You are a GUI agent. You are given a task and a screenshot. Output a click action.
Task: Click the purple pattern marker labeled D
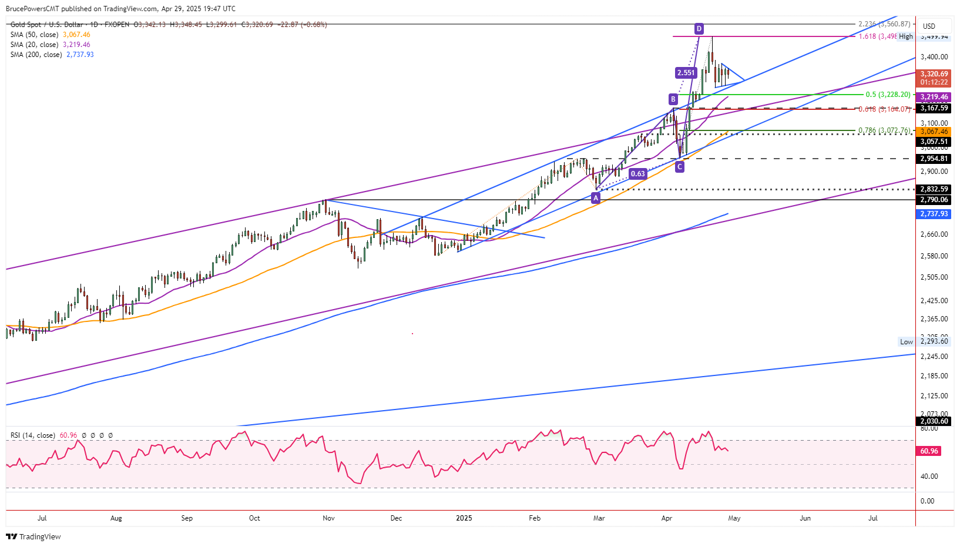pos(699,29)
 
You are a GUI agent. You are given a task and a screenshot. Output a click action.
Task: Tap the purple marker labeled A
pos(596,198)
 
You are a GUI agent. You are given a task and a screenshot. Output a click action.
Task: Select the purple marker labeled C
pos(680,167)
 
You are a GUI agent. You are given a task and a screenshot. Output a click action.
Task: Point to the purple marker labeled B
pos(673,99)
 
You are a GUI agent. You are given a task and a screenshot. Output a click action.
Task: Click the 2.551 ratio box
pos(686,73)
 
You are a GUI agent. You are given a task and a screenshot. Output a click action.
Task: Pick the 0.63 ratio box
pos(637,173)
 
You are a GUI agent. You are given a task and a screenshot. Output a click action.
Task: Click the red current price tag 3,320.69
pos(934,74)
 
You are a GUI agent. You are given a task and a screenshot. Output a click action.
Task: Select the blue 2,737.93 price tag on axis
pos(934,214)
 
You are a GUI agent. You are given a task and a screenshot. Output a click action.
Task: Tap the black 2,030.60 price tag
pos(934,421)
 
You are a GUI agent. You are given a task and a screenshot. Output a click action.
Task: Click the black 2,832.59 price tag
pos(934,189)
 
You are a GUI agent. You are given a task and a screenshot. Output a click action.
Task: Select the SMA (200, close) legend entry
pos(52,55)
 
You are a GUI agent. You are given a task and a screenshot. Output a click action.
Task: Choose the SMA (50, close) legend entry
pos(50,35)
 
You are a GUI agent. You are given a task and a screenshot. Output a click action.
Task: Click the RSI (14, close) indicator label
pos(33,435)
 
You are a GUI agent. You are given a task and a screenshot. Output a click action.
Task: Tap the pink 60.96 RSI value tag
pos(929,451)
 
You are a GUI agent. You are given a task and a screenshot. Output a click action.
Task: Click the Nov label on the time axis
pos(328,518)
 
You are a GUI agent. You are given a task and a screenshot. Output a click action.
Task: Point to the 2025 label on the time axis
pos(464,518)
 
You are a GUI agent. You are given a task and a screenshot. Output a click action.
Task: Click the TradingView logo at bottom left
pos(33,536)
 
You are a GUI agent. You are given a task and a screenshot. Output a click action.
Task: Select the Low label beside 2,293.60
pos(907,342)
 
